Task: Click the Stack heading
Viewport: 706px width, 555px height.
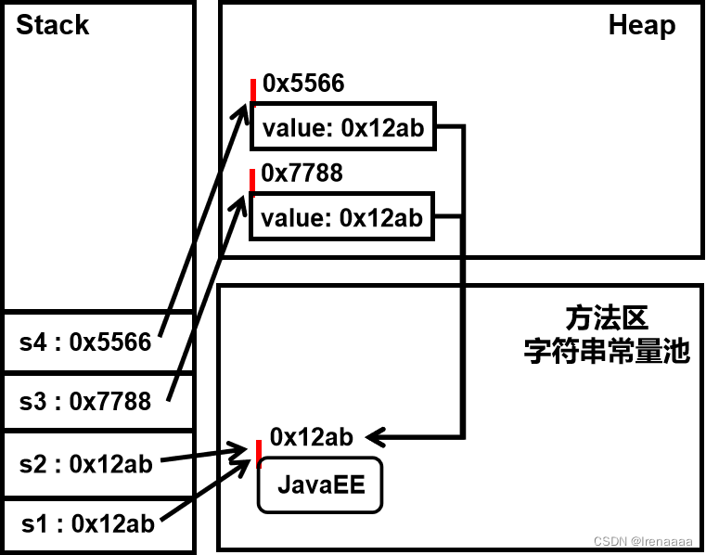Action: [x=52, y=25]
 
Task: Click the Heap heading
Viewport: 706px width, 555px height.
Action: [x=641, y=25]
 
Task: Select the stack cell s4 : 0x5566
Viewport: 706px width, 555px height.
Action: [x=85, y=342]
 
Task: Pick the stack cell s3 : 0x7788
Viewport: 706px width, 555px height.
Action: [x=85, y=401]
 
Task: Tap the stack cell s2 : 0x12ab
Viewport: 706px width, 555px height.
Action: [x=85, y=463]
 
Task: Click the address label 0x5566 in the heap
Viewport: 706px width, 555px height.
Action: [x=303, y=84]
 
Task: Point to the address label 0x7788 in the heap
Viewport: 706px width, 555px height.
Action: [x=302, y=174]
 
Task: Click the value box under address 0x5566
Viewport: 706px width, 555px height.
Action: [x=342, y=127]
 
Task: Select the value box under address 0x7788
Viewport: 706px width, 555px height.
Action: [x=341, y=217]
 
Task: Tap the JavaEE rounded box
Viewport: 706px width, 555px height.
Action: [x=319, y=485]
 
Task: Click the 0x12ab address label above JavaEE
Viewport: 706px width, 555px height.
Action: [x=312, y=436]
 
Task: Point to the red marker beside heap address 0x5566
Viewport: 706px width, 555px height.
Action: [x=252, y=91]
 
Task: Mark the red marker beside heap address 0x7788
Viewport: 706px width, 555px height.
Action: [x=251, y=180]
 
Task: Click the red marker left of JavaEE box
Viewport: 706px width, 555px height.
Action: [x=259, y=454]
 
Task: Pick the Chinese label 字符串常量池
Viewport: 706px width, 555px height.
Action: [x=606, y=352]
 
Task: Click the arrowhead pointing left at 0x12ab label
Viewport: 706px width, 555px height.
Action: [x=375, y=435]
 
